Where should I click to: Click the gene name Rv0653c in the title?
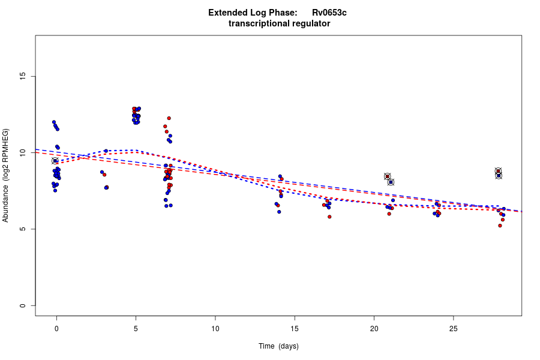(329, 13)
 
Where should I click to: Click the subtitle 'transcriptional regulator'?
(279, 23)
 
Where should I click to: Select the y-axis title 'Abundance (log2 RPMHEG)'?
(6, 175)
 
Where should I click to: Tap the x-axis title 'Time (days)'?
(278, 346)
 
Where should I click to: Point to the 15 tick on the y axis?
(23, 76)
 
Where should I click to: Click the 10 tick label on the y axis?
(23, 153)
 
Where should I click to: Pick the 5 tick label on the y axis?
(23, 229)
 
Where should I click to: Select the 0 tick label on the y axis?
(23, 305)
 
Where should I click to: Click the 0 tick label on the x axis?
(56, 328)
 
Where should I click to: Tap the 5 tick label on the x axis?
(136, 328)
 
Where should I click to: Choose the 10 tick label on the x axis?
(215, 328)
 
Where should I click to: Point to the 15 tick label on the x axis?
(295, 328)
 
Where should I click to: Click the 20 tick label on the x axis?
(374, 328)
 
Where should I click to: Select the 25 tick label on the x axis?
(453, 328)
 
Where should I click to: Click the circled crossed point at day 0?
(55, 161)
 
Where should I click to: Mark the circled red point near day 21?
(388, 176)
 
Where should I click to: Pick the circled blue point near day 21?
(391, 182)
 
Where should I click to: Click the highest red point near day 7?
(169, 118)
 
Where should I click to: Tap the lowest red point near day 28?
(500, 226)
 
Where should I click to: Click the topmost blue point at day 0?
(54, 122)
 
